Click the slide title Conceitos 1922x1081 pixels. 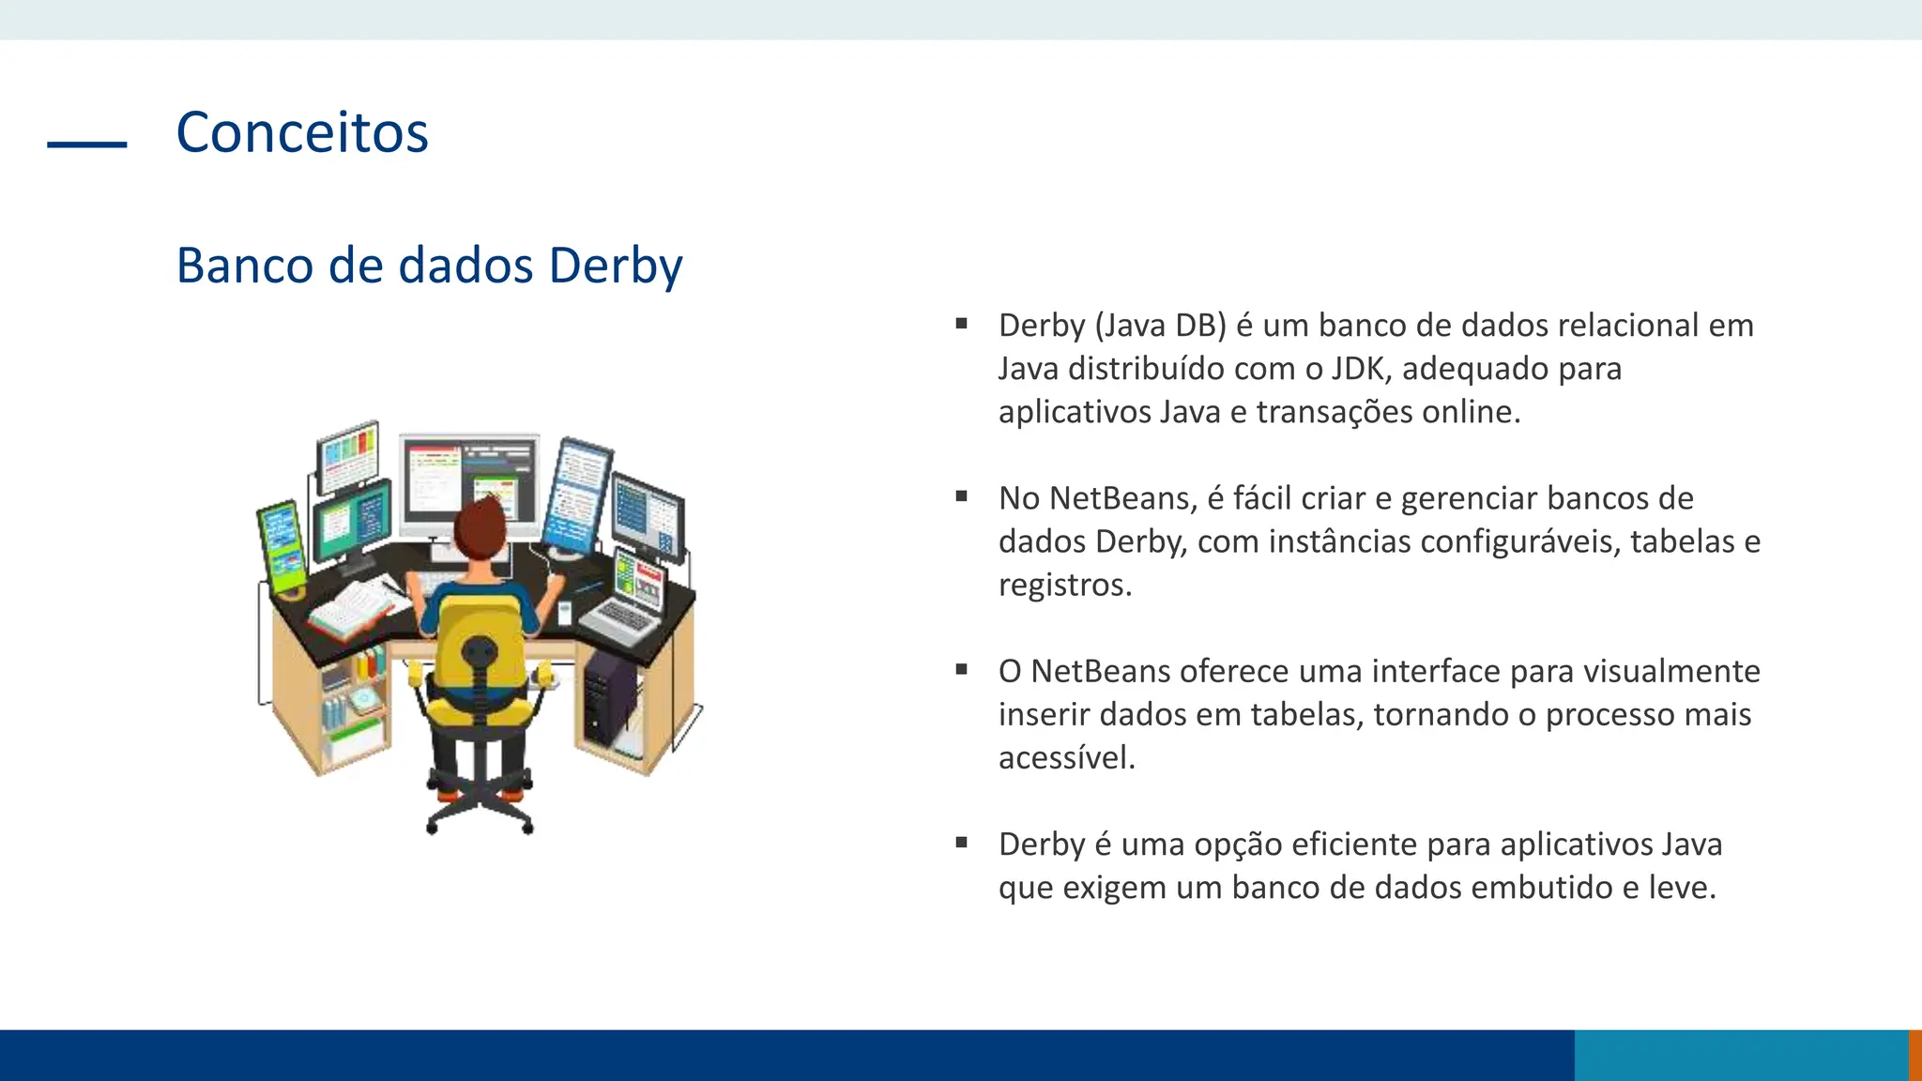[302, 132]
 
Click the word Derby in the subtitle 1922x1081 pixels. [616, 266]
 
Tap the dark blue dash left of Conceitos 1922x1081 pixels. [87, 144]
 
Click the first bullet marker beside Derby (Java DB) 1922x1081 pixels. [961, 324]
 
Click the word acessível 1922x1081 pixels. [1066, 757]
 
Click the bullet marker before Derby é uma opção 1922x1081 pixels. [961, 843]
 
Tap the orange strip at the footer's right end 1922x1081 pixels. [1914, 1055]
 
